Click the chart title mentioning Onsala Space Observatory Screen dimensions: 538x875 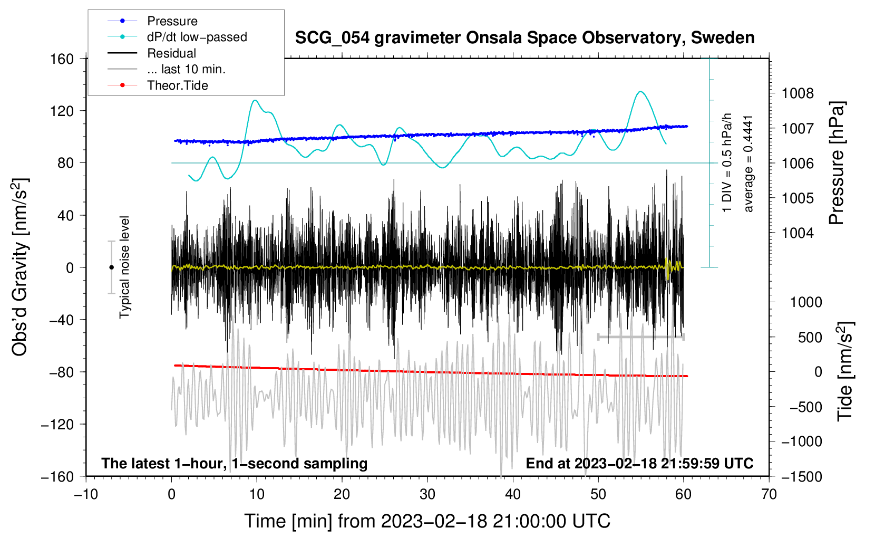[524, 38]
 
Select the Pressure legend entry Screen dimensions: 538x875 [172, 21]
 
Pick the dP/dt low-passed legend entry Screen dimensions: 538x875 [197, 37]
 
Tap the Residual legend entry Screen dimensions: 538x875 [171, 53]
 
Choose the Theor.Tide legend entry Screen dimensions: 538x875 [177, 85]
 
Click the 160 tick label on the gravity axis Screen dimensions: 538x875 [62, 59]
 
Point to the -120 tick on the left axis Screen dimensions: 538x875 [57, 424]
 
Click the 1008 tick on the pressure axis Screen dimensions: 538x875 [798, 93]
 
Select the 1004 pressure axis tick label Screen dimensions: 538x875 [798, 233]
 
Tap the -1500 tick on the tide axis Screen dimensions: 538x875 [801, 476]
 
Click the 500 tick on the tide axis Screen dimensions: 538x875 [810, 337]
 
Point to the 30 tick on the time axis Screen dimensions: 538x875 [427, 494]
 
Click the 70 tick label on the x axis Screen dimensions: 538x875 [769, 494]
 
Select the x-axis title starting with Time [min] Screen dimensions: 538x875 [427, 521]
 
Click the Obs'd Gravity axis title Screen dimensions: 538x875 [20, 267]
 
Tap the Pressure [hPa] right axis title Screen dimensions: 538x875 [837, 163]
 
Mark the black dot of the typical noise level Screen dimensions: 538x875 [112, 267]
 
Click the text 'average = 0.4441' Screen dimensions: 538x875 [749, 164]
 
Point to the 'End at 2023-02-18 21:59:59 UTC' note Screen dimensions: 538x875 [639, 463]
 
